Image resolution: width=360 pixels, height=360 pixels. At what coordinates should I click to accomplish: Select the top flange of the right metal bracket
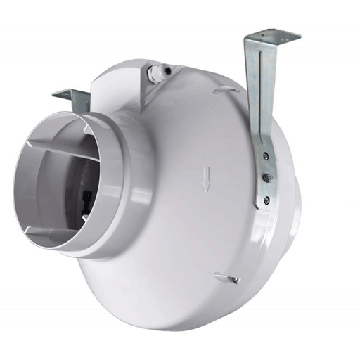pyautogui.click(x=273, y=35)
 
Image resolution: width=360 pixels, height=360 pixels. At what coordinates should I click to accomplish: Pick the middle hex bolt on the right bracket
pyautogui.click(x=267, y=178)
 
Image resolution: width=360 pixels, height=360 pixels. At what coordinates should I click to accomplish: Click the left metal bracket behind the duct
pyautogui.click(x=67, y=95)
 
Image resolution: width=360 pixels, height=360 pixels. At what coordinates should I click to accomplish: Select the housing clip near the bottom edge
pyautogui.click(x=226, y=278)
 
